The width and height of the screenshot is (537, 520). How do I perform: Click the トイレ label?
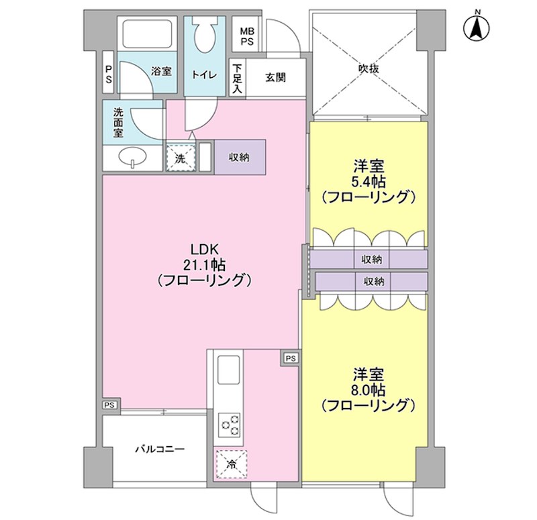tap(204, 75)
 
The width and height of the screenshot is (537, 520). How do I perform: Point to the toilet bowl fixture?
tap(204, 34)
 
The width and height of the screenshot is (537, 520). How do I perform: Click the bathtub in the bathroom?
tap(147, 33)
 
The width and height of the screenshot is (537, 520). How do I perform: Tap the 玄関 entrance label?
tap(275, 77)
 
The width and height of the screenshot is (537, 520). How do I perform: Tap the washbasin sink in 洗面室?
tap(133, 158)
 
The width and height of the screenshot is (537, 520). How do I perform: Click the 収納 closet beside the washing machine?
tap(240, 158)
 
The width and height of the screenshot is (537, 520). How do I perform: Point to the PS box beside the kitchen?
tap(290, 358)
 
